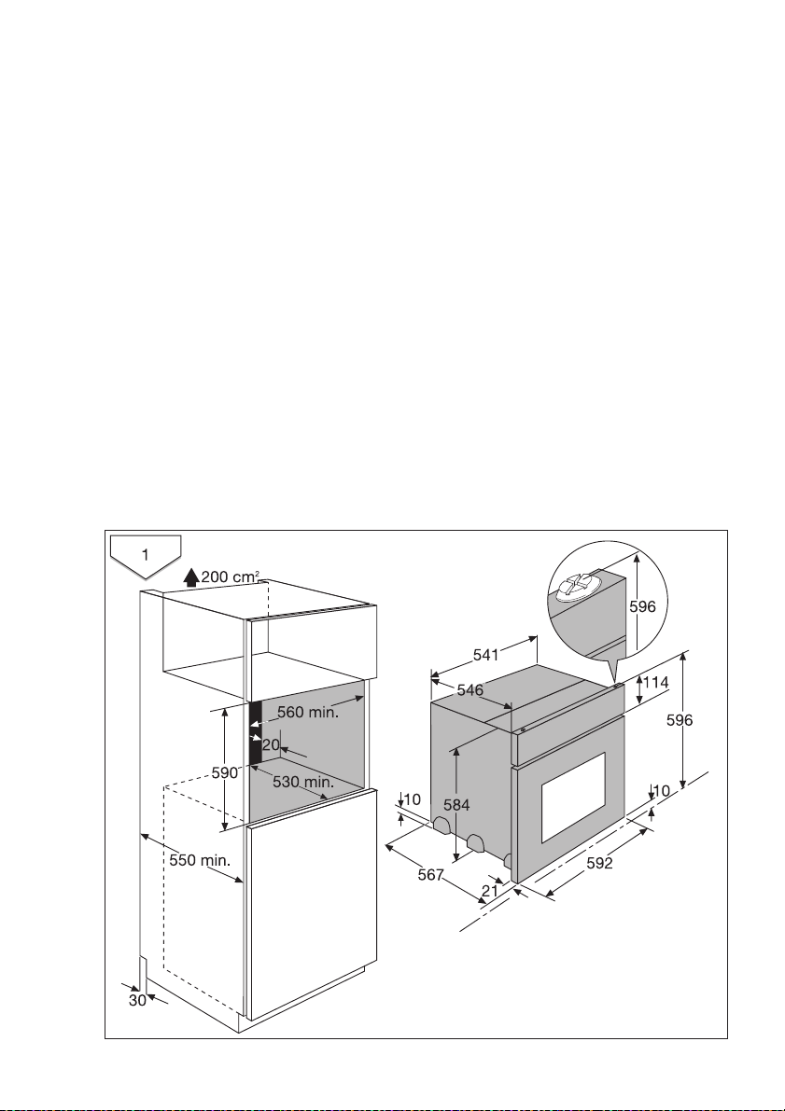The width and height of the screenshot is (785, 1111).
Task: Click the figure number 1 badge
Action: tap(145, 554)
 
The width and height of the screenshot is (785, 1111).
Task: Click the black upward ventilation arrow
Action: tap(191, 576)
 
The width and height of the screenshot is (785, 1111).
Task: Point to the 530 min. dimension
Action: tap(302, 781)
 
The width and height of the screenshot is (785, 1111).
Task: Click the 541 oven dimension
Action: tap(485, 655)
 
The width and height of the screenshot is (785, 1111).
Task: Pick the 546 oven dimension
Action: tap(470, 690)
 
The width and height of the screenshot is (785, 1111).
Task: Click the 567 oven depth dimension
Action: tap(430, 874)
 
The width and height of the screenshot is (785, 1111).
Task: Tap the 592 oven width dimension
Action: tap(595, 864)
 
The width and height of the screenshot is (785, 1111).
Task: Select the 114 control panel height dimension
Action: tap(656, 683)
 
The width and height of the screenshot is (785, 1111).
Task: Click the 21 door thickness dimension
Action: tap(490, 891)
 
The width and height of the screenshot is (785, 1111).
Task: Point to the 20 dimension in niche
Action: tap(271, 744)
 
